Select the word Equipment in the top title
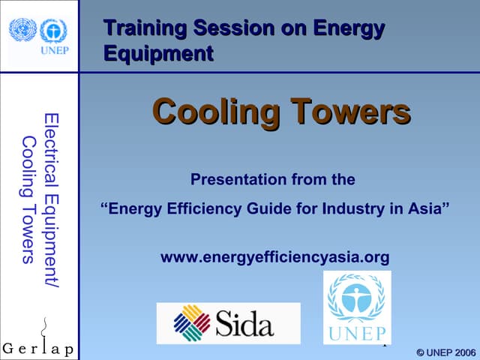click(x=158, y=54)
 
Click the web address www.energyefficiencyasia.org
click(x=275, y=258)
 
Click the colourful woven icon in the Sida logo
click(x=191, y=323)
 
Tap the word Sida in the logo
click(x=244, y=324)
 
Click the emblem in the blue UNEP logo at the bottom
click(x=357, y=298)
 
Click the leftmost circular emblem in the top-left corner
click(x=22, y=30)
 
